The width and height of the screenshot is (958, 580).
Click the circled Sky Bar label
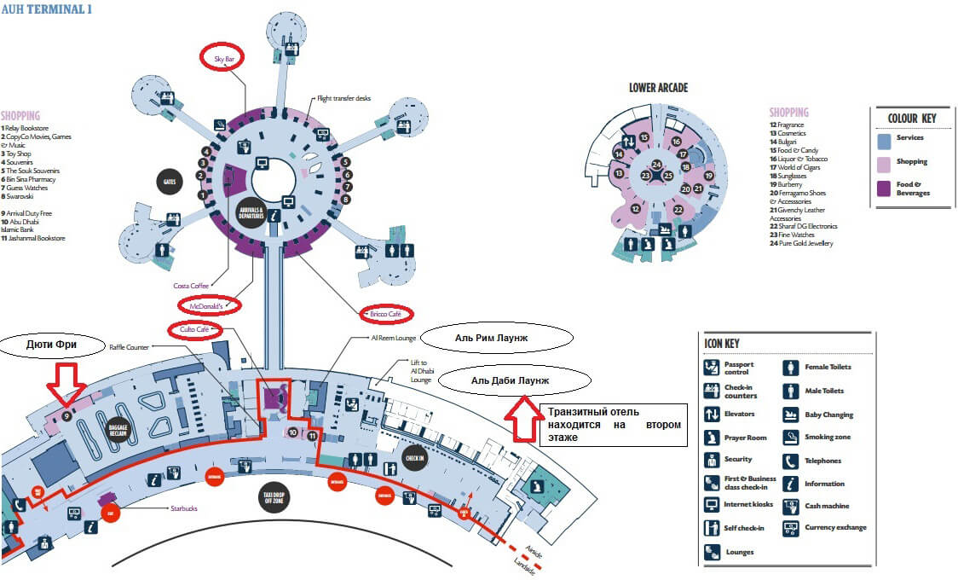point(224,58)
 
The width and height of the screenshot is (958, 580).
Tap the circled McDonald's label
point(210,304)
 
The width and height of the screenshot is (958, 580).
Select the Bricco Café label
point(386,313)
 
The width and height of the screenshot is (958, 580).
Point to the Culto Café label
point(195,329)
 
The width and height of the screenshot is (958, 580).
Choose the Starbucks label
point(182,509)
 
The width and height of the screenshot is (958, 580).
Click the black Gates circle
point(170,182)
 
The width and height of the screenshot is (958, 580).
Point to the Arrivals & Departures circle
point(251,210)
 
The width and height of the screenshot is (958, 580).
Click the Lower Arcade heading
point(658,88)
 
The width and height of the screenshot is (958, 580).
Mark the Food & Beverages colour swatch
point(885,188)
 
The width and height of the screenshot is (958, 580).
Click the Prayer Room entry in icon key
point(713,438)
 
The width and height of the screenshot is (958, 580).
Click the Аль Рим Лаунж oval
point(493,337)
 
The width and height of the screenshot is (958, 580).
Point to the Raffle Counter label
point(129,347)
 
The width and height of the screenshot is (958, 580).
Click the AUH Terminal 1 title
point(48,9)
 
